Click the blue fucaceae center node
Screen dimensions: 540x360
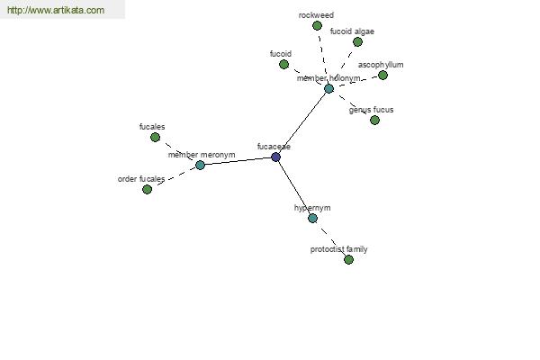click(275, 157)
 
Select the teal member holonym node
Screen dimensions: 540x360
click(328, 88)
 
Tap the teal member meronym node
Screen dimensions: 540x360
click(200, 165)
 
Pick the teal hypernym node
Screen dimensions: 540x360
click(312, 218)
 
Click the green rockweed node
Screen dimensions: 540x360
click(317, 25)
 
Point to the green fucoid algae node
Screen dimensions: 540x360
click(357, 42)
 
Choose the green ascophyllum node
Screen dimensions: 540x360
click(382, 75)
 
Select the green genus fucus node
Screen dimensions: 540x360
click(374, 121)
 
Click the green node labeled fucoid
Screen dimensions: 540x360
click(283, 65)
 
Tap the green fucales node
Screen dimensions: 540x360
click(155, 138)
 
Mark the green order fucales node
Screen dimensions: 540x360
click(147, 190)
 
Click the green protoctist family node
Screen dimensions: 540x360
click(348, 259)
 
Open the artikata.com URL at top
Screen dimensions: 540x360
click(56, 10)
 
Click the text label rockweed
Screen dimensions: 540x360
click(316, 15)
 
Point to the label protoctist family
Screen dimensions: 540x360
click(339, 249)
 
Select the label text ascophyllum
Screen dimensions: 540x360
click(381, 65)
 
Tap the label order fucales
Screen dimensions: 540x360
click(141, 179)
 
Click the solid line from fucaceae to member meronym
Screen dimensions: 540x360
click(238, 161)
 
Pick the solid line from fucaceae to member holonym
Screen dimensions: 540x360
click(302, 123)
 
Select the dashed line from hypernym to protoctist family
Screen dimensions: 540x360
click(330, 238)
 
